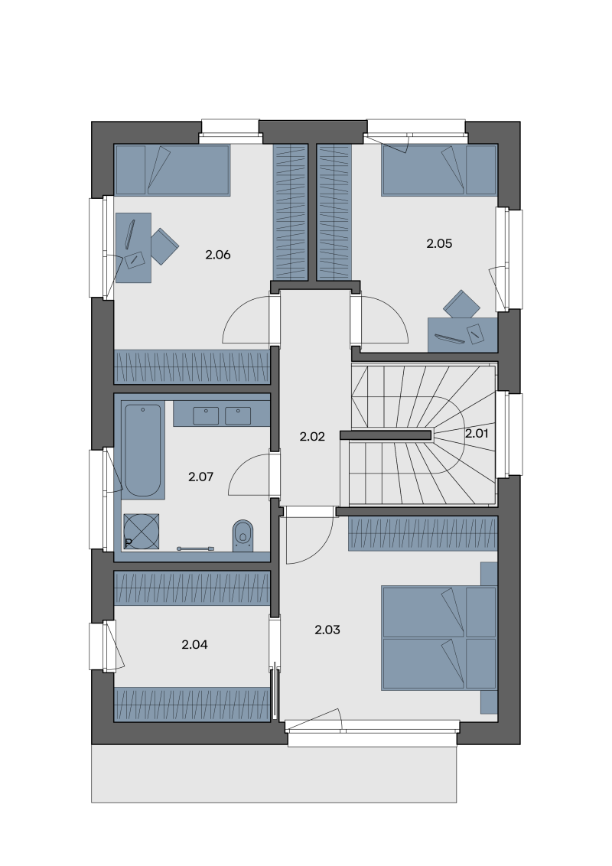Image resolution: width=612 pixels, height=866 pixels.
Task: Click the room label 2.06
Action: (217, 255)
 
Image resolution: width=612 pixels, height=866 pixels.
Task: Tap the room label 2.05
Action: (439, 243)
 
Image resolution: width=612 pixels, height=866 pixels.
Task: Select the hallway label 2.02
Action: (312, 436)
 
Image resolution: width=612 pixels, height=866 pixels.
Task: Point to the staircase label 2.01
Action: (477, 434)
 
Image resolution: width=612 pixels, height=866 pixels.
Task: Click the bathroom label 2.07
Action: (200, 477)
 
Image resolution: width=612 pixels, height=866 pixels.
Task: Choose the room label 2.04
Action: (194, 645)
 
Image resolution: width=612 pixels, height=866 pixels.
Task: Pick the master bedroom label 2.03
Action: (327, 630)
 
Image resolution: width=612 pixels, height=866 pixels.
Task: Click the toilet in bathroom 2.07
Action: (243, 536)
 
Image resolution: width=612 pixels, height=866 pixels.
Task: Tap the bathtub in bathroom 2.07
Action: (142, 451)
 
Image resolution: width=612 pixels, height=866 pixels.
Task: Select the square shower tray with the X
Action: (142, 532)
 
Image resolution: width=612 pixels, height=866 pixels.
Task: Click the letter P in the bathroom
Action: (129, 543)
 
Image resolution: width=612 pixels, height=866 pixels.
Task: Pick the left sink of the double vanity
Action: (206, 416)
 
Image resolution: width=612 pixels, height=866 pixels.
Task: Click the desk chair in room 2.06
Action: (164, 246)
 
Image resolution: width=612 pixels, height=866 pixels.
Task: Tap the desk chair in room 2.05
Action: (462, 304)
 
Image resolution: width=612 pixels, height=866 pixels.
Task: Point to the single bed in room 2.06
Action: (172, 170)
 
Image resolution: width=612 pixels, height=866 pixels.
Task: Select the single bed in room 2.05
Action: (439, 170)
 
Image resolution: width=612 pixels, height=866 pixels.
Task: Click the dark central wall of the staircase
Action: (386, 435)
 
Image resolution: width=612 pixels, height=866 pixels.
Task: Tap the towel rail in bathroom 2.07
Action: (195, 549)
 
